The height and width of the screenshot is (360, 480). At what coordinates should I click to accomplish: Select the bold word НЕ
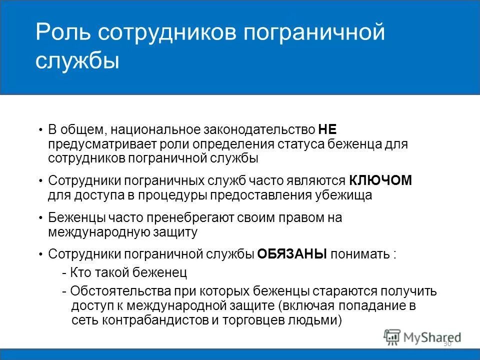(x=327, y=130)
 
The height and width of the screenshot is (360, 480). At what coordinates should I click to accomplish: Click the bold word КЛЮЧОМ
(x=380, y=180)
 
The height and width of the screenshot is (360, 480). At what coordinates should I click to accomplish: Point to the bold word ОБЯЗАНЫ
(x=292, y=253)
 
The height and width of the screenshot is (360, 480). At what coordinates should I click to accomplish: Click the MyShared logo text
(x=432, y=338)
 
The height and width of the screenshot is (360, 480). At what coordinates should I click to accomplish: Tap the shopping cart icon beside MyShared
(x=392, y=337)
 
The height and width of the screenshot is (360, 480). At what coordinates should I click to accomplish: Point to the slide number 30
(x=447, y=344)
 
